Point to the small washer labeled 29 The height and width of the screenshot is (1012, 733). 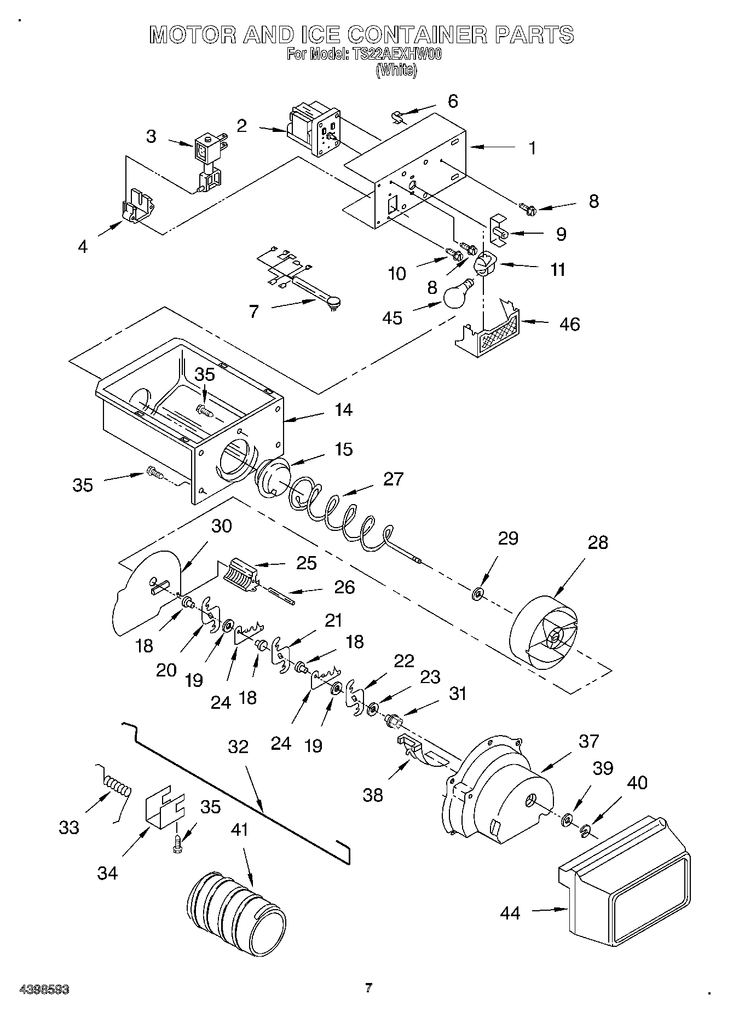point(477,593)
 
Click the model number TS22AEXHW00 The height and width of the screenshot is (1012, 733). point(394,55)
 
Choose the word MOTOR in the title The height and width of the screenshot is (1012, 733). point(193,34)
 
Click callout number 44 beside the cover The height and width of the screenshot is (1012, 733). point(510,912)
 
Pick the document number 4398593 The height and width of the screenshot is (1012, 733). point(44,989)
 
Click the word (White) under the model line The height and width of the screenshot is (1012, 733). point(396,70)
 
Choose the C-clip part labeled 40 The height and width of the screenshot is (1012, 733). point(586,832)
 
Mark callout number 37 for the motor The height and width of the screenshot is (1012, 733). point(589,741)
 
